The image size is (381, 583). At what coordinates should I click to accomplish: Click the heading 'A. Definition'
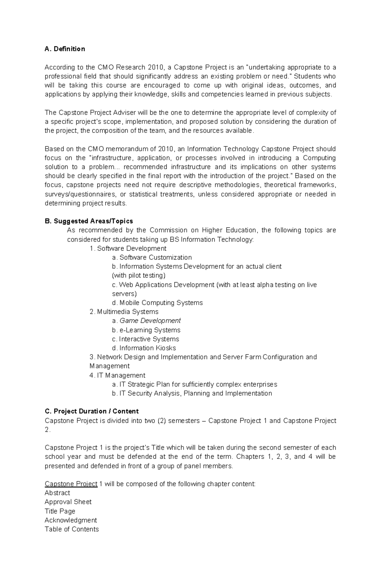click(x=65, y=49)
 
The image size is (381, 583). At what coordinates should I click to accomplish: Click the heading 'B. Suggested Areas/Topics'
click(x=89, y=221)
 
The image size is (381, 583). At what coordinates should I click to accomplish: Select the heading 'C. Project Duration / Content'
click(x=91, y=411)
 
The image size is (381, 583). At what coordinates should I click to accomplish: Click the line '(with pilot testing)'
click(x=139, y=275)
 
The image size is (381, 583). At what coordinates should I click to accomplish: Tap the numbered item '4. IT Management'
click(x=117, y=375)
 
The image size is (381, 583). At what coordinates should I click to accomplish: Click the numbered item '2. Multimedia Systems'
click(x=124, y=312)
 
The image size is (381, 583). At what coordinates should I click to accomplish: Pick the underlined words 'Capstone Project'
click(x=71, y=484)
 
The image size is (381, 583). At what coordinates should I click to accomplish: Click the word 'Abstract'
click(x=57, y=493)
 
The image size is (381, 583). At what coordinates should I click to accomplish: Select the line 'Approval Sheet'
click(x=68, y=502)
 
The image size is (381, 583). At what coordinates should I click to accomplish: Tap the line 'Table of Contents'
click(x=72, y=529)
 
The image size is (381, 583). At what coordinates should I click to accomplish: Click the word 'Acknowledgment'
click(x=71, y=520)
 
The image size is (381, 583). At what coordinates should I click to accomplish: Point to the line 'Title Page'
click(x=60, y=511)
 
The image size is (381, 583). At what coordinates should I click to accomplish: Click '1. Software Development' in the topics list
click(x=128, y=248)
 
